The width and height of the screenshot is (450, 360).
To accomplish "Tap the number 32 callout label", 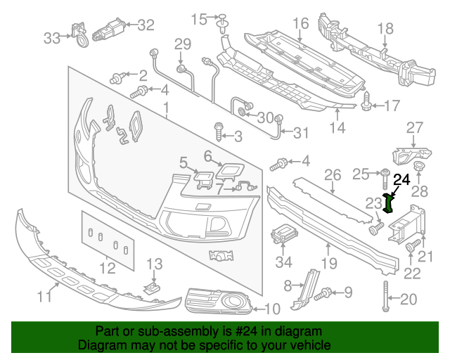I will point(145,25).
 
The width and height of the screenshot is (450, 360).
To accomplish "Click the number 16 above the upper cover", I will point(300,23).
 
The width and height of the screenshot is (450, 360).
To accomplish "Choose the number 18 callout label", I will point(385,29).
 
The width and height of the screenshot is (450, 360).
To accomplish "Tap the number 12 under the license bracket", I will point(107,268).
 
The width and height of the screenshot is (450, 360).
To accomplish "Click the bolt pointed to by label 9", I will point(326,292).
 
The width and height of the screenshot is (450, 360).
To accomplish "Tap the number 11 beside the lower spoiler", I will point(44,297).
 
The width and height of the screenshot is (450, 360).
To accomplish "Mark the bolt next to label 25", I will point(386,174).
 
